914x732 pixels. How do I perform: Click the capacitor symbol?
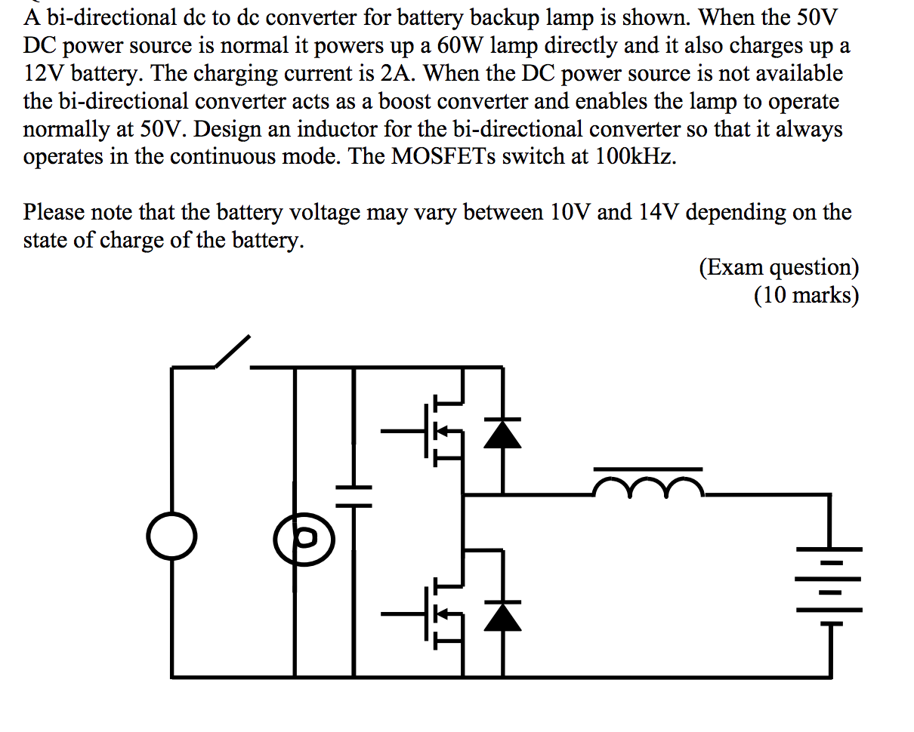(353, 495)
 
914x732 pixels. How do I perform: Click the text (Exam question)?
(779, 267)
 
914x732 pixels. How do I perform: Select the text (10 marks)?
(805, 295)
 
